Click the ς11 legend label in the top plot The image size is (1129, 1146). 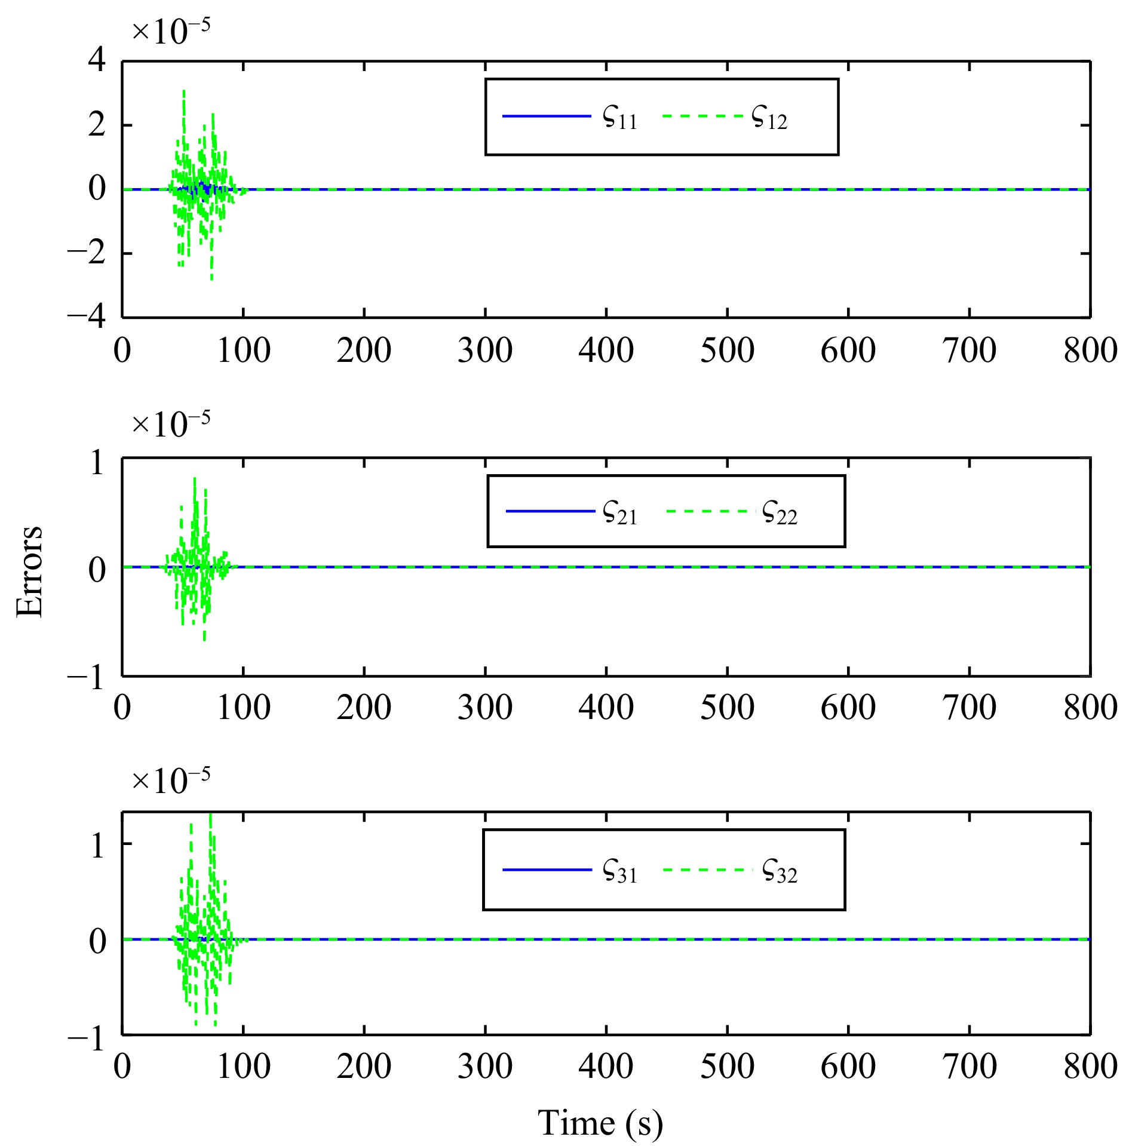(x=620, y=118)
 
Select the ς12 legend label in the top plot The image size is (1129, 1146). (x=769, y=118)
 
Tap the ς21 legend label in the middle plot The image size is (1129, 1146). (x=620, y=513)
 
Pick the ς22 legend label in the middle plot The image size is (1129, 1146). (x=780, y=513)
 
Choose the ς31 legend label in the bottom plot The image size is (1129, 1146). (x=620, y=871)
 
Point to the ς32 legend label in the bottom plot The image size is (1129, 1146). (x=780, y=871)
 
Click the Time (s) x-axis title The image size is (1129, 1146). (x=600, y=1122)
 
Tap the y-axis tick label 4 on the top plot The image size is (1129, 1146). (x=97, y=60)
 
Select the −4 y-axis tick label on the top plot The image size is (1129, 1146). (x=87, y=316)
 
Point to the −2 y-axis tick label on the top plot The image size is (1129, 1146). (x=87, y=253)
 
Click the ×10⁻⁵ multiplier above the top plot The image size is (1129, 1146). (x=171, y=31)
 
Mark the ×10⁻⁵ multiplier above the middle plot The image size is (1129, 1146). (x=171, y=425)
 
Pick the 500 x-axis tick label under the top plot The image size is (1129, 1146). (x=727, y=351)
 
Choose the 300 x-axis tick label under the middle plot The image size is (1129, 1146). (x=485, y=708)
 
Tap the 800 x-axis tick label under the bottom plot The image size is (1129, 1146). (x=1090, y=1066)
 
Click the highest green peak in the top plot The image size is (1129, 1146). (x=183, y=91)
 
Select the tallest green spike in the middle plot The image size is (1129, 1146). (x=195, y=479)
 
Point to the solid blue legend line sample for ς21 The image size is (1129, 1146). (x=550, y=511)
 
